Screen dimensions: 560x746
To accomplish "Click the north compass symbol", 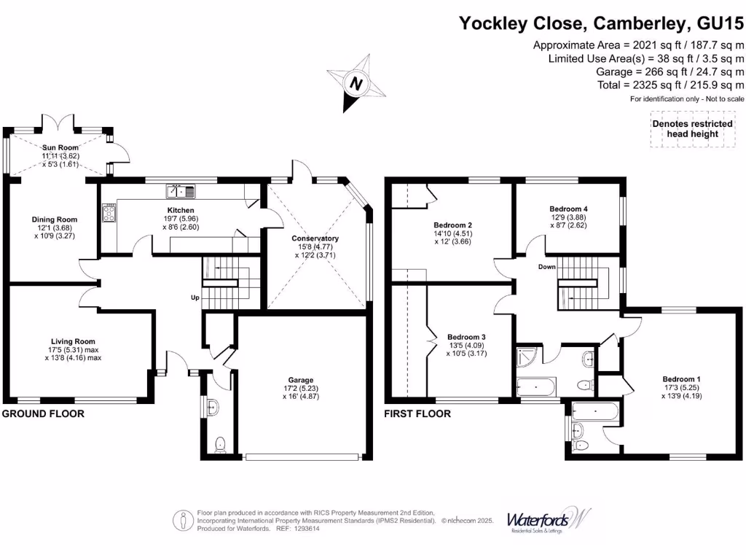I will [356, 84].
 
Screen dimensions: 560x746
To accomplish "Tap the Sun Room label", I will [60, 147].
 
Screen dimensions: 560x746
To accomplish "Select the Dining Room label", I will [54, 219].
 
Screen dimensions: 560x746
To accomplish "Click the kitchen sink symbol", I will [181, 192].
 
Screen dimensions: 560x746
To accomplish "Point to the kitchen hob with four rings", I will [111, 214].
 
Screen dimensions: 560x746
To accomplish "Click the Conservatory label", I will [315, 238].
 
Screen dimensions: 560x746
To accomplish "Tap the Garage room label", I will [300, 380].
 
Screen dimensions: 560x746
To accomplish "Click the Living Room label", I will [73, 341].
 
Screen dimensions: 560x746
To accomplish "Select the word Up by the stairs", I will [195, 297].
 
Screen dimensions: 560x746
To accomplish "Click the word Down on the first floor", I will [547, 267].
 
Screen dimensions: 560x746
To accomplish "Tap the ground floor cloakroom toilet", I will [221, 443].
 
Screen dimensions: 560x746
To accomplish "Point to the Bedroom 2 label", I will [453, 225].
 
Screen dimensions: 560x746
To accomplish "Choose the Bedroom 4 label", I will [568, 209].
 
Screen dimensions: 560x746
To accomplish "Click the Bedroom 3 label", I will [466, 337].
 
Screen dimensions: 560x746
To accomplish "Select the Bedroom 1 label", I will [681, 379].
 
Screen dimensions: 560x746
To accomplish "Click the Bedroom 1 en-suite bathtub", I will [595, 412].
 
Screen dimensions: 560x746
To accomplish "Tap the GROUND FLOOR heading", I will [43, 414].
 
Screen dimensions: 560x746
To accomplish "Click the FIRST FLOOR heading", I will [417, 414].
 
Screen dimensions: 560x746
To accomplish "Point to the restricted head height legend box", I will [692, 129].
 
